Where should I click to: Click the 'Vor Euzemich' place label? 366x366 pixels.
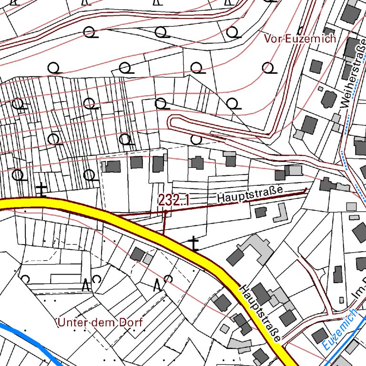300,39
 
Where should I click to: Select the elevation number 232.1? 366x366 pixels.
173,201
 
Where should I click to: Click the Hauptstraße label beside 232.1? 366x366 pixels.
250,193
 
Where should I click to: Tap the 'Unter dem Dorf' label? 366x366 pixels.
100,323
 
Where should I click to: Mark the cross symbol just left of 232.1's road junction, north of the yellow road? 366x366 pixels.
42,190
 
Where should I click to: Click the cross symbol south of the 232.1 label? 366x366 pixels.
193,244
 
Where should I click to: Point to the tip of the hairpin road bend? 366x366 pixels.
172,122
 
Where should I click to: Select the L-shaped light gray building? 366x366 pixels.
280,213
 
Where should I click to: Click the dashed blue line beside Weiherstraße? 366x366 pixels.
344,157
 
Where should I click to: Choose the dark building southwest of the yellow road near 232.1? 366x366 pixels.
138,254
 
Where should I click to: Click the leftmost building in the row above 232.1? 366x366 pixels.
113,166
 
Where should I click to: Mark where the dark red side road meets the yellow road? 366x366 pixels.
119,215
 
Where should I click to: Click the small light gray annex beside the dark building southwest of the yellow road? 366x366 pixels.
148,259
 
